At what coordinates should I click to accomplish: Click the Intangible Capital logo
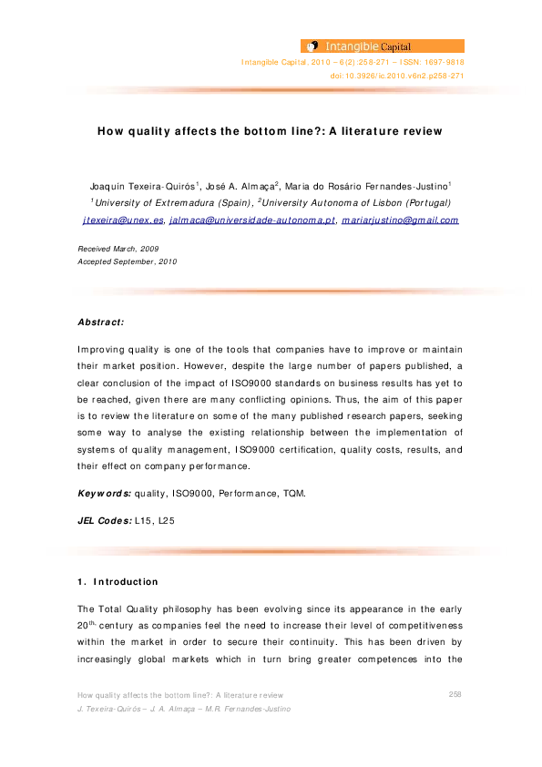[382, 45]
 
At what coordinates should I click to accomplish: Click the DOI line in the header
[396, 77]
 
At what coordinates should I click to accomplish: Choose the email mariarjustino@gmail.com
[400, 220]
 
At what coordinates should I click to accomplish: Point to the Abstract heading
[101, 322]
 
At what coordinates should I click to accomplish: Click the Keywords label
[104, 493]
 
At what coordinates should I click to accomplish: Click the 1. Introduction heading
[118, 581]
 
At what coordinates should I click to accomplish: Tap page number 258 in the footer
[456, 694]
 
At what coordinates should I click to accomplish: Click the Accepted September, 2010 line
[128, 261]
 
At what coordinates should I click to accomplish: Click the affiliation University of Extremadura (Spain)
[171, 202]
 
